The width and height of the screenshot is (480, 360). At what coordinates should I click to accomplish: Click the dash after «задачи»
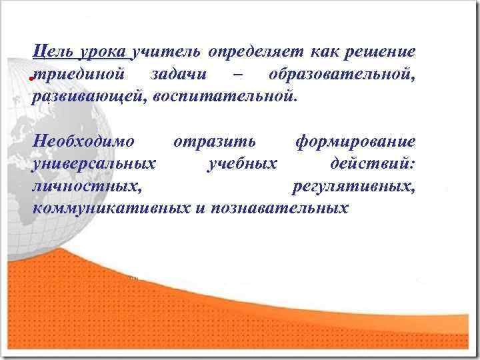231,75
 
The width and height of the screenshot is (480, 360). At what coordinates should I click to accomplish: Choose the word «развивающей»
89,97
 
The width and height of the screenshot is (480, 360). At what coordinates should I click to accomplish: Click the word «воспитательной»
223,97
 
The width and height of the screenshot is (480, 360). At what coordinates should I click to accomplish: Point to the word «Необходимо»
83,141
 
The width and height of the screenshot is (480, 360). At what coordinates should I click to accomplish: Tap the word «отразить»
214,142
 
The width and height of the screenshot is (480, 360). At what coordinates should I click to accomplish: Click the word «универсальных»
94,164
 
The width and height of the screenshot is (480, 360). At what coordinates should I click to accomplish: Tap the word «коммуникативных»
111,209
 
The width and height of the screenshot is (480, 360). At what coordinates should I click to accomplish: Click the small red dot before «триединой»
31,79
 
